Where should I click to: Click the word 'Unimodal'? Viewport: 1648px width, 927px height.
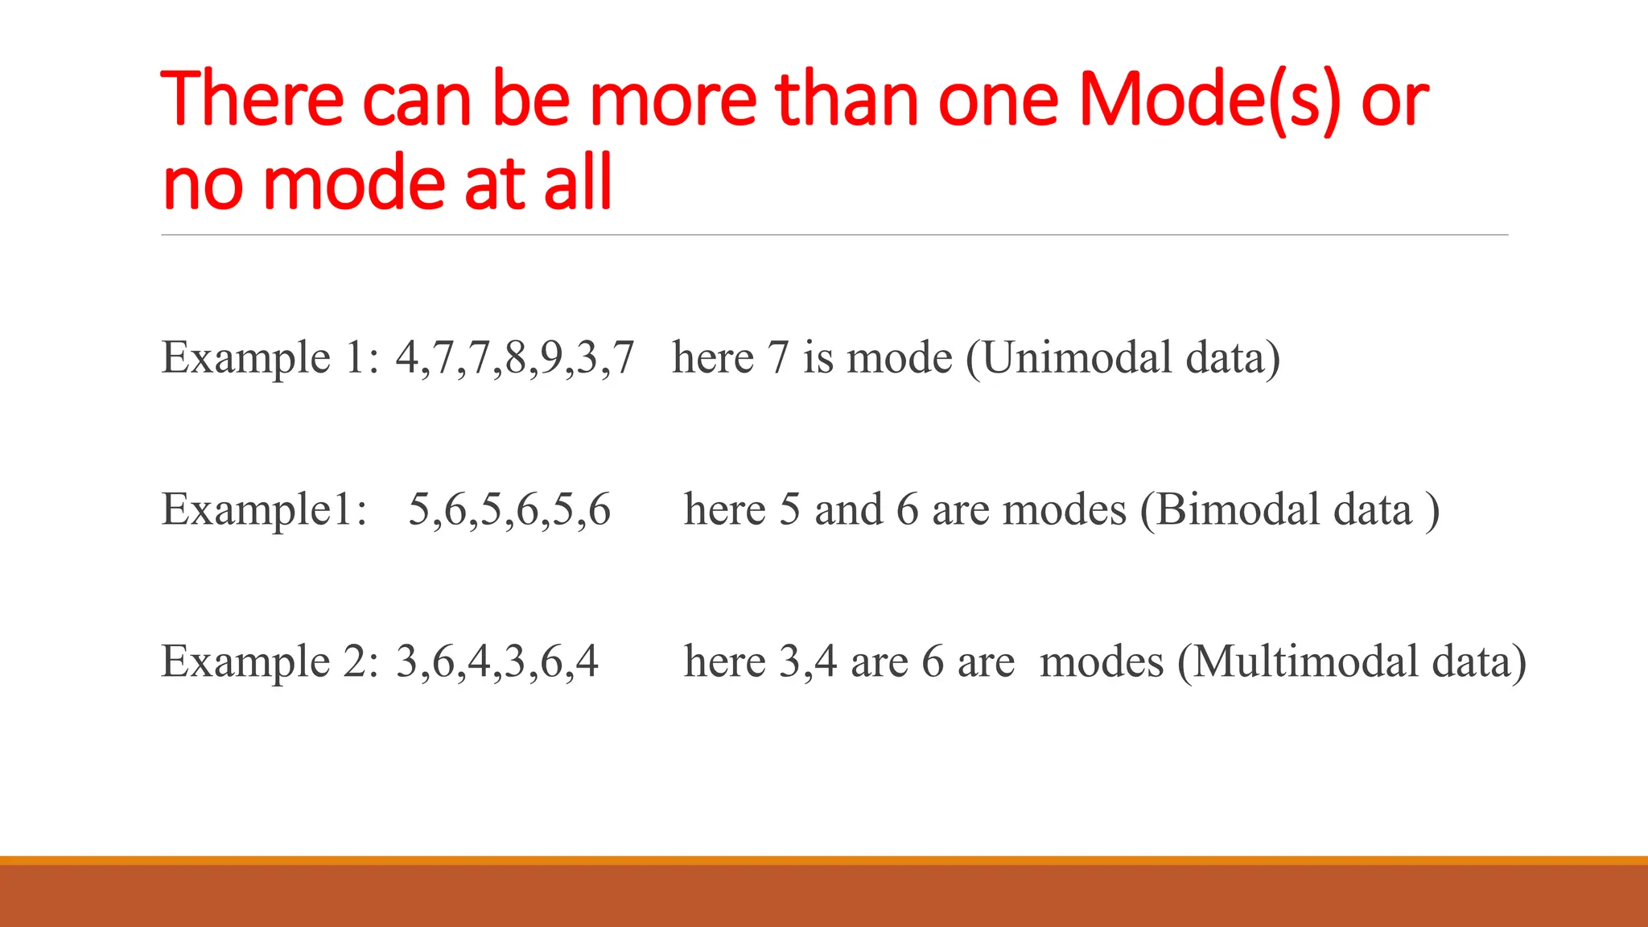click(x=1077, y=357)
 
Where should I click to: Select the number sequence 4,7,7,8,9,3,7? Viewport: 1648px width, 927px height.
click(x=514, y=357)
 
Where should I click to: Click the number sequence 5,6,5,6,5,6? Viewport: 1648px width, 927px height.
click(x=509, y=509)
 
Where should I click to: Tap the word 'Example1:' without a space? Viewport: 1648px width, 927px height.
click(x=264, y=509)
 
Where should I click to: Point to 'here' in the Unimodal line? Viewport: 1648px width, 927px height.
click(x=713, y=357)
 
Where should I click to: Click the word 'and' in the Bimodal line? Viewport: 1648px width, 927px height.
click(x=848, y=509)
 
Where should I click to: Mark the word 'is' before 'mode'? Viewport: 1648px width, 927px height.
click(x=818, y=357)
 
